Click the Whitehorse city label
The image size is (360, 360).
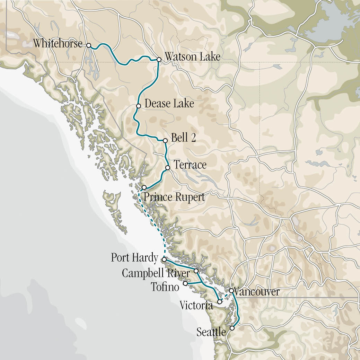[58, 44]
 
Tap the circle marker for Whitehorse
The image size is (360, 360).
[89, 45]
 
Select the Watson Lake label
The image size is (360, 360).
[192, 56]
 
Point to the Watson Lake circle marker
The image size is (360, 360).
[159, 60]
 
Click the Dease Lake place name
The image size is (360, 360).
[169, 103]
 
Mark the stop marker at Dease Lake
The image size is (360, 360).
[138, 106]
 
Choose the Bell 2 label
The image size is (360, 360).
[184, 138]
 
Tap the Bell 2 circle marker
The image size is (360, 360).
[165, 141]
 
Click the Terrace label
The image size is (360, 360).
[190, 165]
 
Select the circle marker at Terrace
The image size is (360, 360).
[167, 168]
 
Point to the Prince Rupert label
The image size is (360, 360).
[174, 197]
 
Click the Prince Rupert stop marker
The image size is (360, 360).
[144, 187]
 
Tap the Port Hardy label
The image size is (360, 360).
[134, 258]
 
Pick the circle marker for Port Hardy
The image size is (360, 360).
[164, 259]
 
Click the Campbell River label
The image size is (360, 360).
[156, 273]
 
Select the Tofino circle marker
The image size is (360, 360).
[185, 283]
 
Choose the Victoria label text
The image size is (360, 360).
[196, 305]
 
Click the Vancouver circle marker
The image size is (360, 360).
[231, 290]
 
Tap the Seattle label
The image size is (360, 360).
[211, 332]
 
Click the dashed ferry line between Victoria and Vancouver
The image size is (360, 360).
[226, 296]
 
